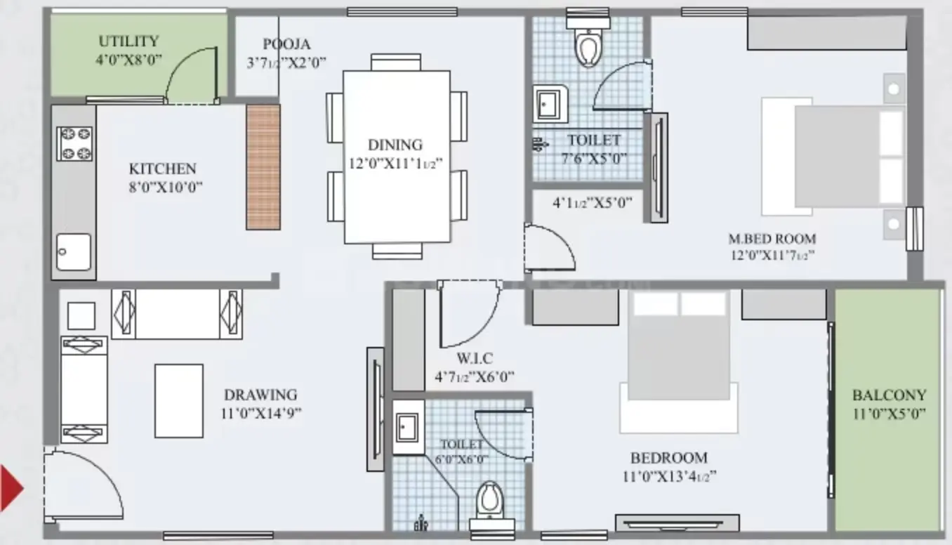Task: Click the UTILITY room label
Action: (128, 41)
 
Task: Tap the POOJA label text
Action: (286, 44)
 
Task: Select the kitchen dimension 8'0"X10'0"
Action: (165, 187)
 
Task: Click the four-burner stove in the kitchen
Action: (75, 144)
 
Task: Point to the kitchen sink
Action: (74, 251)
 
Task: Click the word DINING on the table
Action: (395, 145)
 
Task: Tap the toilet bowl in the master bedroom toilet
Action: (588, 47)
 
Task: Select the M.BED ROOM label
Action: (772, 239)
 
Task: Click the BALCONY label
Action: (889, 395)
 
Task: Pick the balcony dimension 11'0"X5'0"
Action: (889, 414)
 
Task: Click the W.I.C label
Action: (475, 358)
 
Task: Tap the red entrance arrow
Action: (11, 488)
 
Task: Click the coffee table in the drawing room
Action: (179, 401)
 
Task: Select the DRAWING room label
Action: (260, 395)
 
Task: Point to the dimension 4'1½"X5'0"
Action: (592, 203)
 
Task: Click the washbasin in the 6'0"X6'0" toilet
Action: (408, 427)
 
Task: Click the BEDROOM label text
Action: (669, 458)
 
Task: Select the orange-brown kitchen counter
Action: (263, 167)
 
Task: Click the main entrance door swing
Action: (84, 485)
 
